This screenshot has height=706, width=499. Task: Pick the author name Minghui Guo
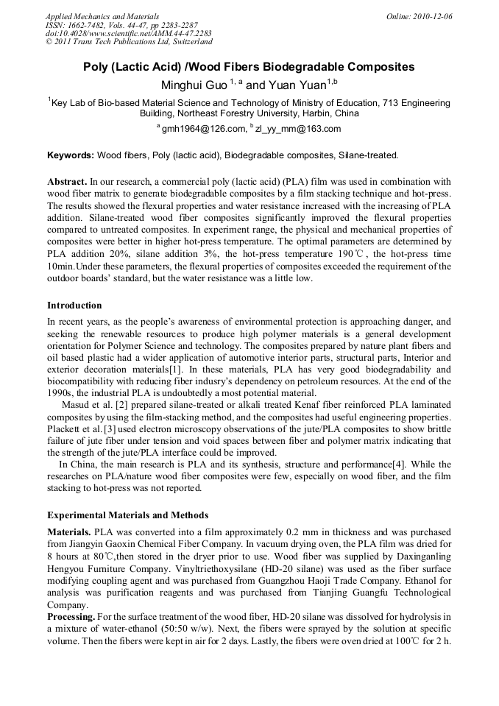[x=193, y=85]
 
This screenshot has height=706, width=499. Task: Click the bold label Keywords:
[x=71, y=155]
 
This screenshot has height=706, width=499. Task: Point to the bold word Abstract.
[x=67, y=181]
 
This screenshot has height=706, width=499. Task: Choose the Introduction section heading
[x=74, y=305]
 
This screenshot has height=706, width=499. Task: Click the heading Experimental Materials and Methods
[x=127, y=515]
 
